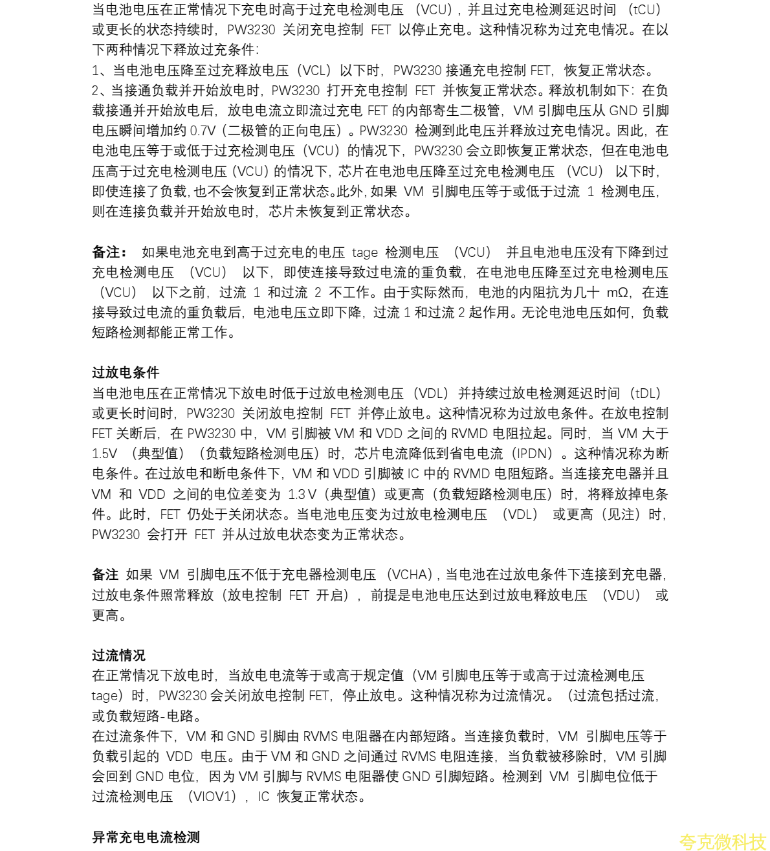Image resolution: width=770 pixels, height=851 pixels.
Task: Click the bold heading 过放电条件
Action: coord(126,373)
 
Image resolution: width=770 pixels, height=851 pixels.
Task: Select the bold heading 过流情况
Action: coord(118,656)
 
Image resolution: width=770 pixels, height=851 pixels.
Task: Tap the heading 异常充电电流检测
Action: coord(146,837)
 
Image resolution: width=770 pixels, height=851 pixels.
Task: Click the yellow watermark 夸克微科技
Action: coord(723,841)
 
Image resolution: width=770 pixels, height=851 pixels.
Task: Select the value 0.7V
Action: coord(204,131)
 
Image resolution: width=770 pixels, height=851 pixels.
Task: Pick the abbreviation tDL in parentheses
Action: coord(647,393)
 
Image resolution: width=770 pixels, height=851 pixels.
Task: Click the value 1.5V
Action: coord(104,454)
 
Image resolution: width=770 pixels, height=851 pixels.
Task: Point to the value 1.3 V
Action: coord(302,494)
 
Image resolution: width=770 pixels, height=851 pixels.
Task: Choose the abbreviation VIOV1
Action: coord(212,797)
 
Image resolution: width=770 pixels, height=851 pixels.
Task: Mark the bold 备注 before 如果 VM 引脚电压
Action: coord(105,575)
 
